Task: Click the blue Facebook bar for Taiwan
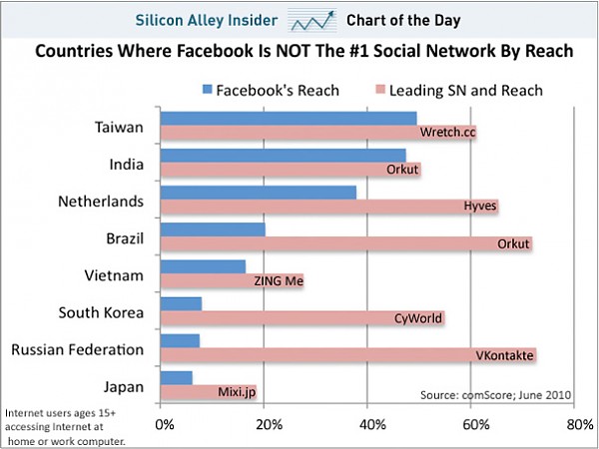click(x=288, y=119)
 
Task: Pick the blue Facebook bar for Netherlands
click(x=258, y=193)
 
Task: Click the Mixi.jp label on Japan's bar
click(x=236, y=392)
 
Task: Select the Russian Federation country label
click(x=77, y=349)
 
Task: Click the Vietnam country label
click(x=115, y=275)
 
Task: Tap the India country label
click(x=125, y=165)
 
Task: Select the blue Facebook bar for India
click(x=283, y=156)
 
